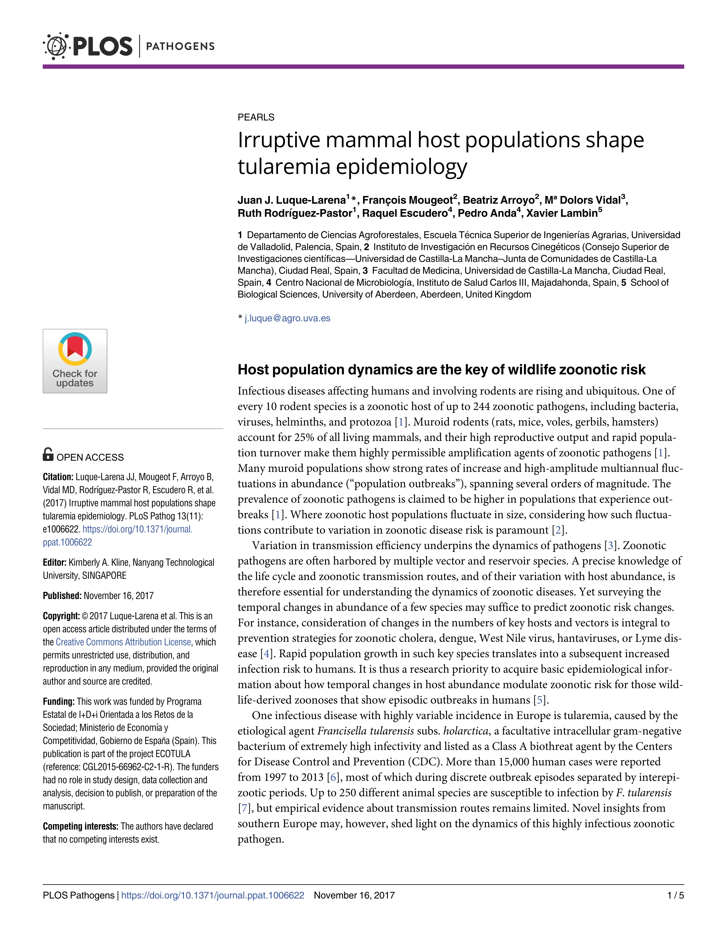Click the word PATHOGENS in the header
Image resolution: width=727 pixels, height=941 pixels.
click(x=180, y=46)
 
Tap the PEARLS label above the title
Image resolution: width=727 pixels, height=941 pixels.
click(x=256, y=117)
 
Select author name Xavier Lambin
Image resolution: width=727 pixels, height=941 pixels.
click(x=562, y=213)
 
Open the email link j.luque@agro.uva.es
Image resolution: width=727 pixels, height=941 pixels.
click(x=287, y=318)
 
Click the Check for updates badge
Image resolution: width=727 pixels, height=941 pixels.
click(x=75, y=361)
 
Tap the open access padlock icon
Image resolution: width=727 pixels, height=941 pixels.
click(x=48, y=455)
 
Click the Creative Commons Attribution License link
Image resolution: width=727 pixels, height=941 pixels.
click(x=123, y=642)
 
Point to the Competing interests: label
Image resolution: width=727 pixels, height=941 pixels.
click(x=80, y=826)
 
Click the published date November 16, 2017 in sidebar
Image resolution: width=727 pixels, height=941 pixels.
click(x=118, y=596)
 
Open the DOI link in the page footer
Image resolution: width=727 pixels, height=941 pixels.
click(x=212, y=895)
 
